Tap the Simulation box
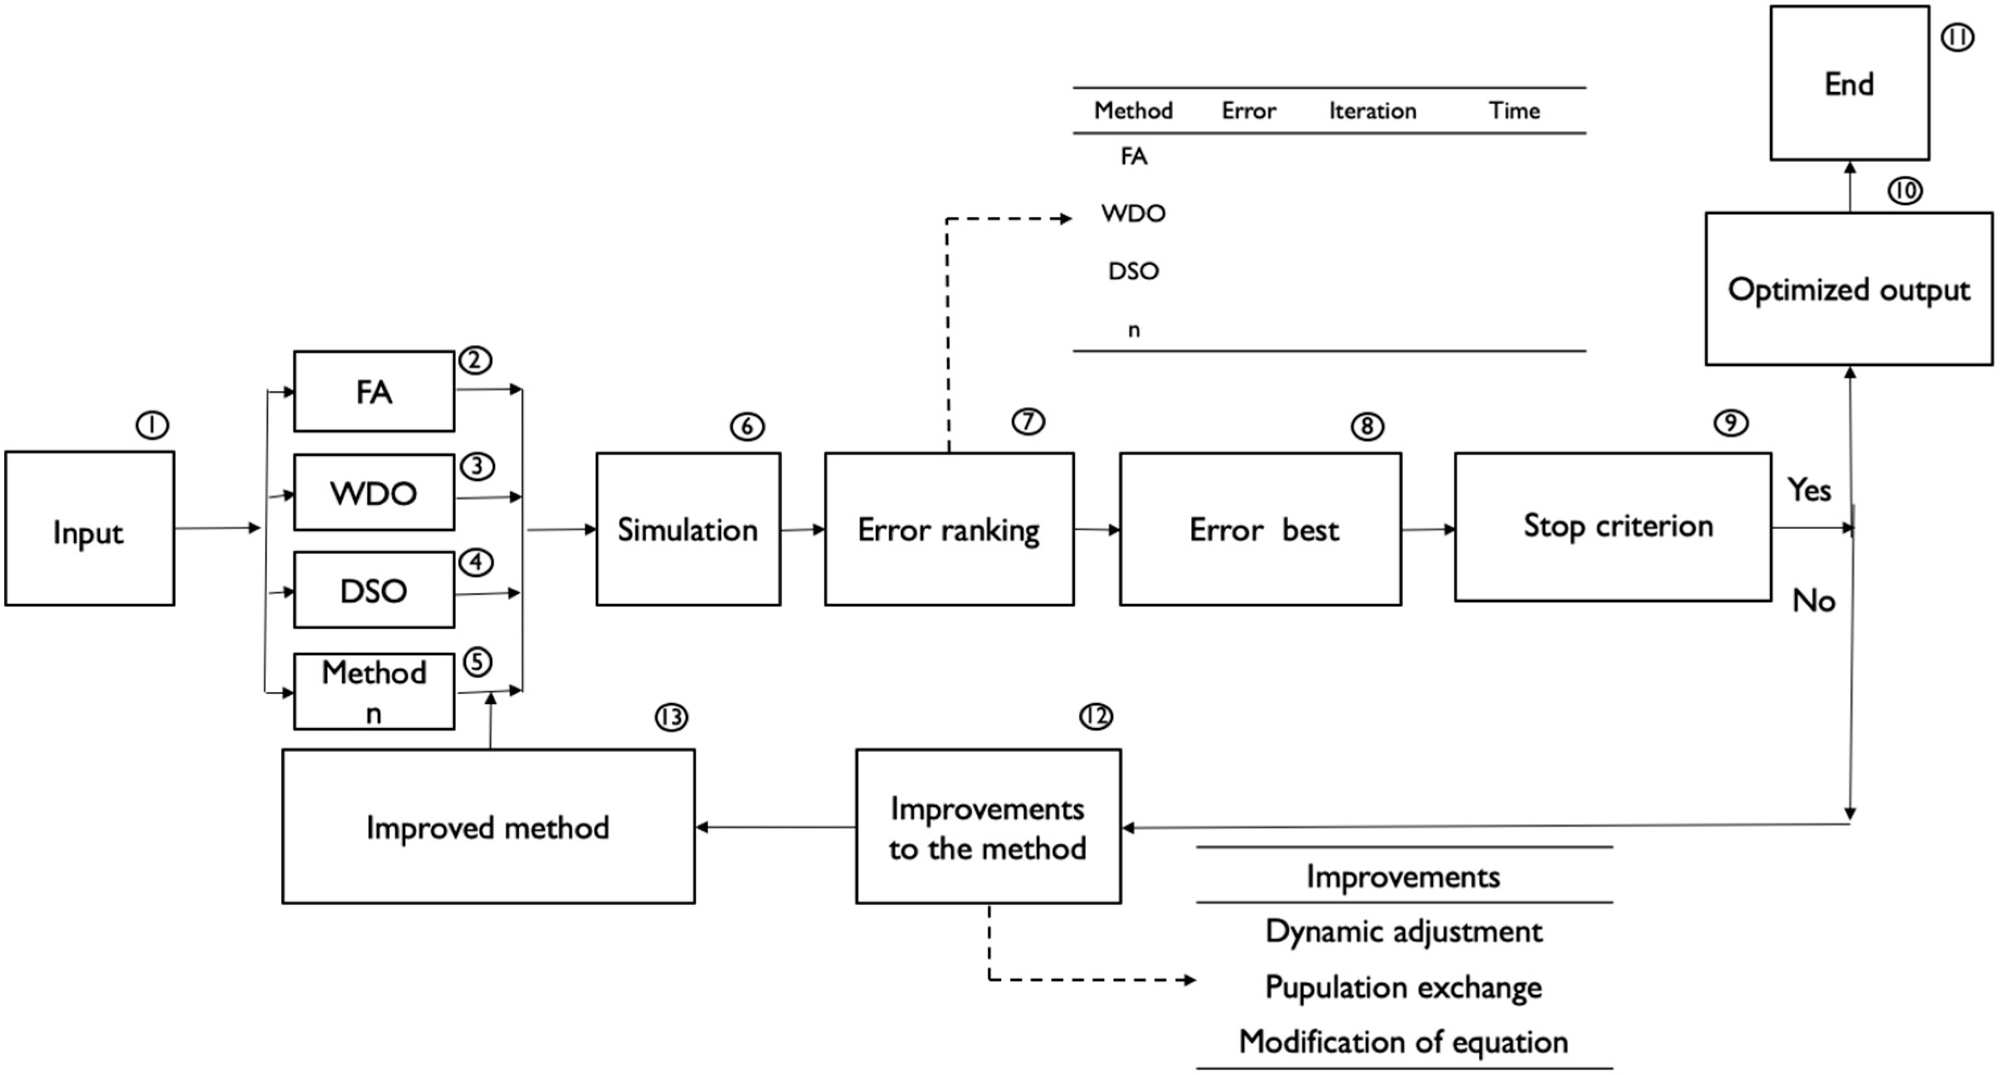(687, 530)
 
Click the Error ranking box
(948, 530)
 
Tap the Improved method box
(488, 826)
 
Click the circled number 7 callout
(1028, 422)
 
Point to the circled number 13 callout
(671, 717)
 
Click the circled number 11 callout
(1956, 37)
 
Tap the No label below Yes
(1813, 600)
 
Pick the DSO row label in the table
(1134, 271)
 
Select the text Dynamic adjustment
(1404, 931)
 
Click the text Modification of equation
(1404, 1041)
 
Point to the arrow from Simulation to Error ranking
(802, 530)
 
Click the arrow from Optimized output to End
(1850, 187)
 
